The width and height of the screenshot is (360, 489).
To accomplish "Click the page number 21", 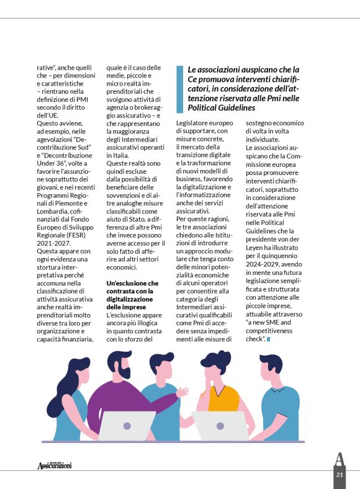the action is [x=339, y=475].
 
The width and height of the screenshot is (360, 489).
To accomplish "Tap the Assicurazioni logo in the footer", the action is [x=54, y=465].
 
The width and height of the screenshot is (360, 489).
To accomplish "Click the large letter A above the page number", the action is [x=339, y=460].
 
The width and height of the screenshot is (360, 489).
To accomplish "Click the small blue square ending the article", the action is [x=269, y=339].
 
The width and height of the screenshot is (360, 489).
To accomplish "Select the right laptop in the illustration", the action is [x=220, y=425].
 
